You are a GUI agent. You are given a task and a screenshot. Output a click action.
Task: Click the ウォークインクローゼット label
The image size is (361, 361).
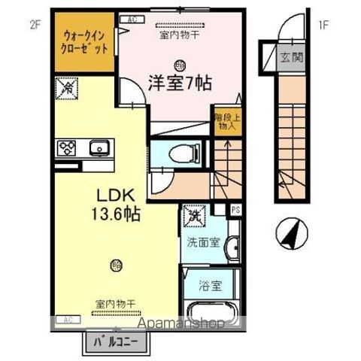point(83,41)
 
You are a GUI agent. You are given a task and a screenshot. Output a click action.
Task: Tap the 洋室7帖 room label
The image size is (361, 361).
point(178,83)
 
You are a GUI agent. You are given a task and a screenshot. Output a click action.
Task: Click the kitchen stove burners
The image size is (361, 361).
point(65,147)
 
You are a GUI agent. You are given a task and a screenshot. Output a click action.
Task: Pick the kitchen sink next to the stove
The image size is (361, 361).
point(98,147)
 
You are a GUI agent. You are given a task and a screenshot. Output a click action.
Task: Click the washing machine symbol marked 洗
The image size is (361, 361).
point(194,215)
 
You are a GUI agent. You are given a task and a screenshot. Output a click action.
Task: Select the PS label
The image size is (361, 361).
point(235,211)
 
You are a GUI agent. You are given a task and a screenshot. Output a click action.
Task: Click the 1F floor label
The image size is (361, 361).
point(323,24)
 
